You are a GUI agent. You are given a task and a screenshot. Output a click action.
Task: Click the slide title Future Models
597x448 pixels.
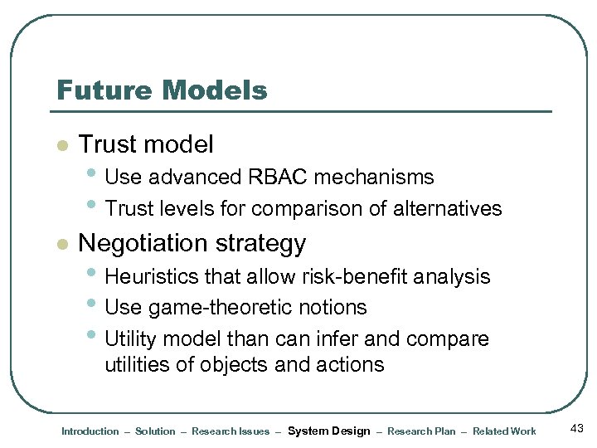[x=162, y=90]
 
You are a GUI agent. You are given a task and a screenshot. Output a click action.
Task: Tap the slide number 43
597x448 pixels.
[x=577, y=427]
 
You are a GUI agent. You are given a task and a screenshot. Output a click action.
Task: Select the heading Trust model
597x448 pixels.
[x=146, y=144]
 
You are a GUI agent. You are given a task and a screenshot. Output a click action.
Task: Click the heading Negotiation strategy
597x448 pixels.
[x=192, y=243]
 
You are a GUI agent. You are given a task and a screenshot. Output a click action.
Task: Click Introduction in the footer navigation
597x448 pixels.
[x=90, y=431]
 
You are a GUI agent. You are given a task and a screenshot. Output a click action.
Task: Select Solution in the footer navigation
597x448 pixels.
[x=155, y=431]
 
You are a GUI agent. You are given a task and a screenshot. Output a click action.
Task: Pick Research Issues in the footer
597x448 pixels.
[x=231, y=431]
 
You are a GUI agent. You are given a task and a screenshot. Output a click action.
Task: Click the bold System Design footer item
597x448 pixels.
[x=328, y=431]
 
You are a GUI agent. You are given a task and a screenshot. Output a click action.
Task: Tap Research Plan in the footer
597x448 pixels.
[x=421, y=431]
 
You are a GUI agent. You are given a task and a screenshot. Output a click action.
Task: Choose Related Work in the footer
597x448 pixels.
[x=504, y=431]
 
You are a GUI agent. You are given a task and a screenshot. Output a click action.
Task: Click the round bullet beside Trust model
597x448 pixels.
[x=60, y=146]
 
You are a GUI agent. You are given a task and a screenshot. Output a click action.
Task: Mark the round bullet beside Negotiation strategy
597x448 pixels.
[x=60, y=245]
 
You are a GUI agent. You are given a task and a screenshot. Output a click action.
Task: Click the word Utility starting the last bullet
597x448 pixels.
[x=130, y=339]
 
